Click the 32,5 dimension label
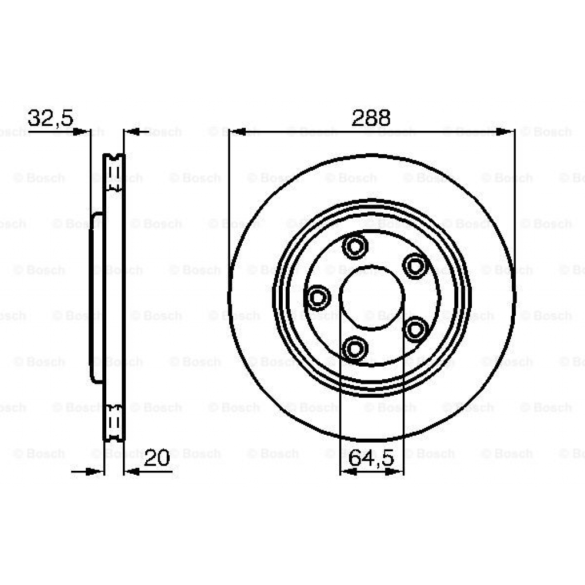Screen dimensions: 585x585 [x=50, y=118]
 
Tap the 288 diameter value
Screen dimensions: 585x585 [x=371, y=118]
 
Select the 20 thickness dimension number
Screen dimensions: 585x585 [x=157, y=458]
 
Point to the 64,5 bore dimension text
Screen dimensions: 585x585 [x=372, y=459]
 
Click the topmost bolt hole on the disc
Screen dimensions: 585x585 [x=354, y=247]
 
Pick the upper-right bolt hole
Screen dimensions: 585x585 [x=415, y=266]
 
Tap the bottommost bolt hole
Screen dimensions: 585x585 [x=355, y=348]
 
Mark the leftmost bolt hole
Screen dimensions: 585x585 [x=317, y=297]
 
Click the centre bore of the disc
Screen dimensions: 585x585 [x=372, y=297]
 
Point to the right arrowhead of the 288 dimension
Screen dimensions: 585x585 [x=505, y=132]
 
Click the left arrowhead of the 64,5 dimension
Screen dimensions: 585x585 [x=346, y=472]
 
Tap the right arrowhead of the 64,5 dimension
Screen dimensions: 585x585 [x=398, y=472]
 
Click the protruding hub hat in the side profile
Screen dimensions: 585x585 [x=96, y=297]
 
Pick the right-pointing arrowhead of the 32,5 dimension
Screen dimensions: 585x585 [x=83, y=132]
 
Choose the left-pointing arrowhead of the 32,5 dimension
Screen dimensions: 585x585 [x=131, y=132]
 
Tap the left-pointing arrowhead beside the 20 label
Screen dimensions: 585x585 [x=131, y=472]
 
